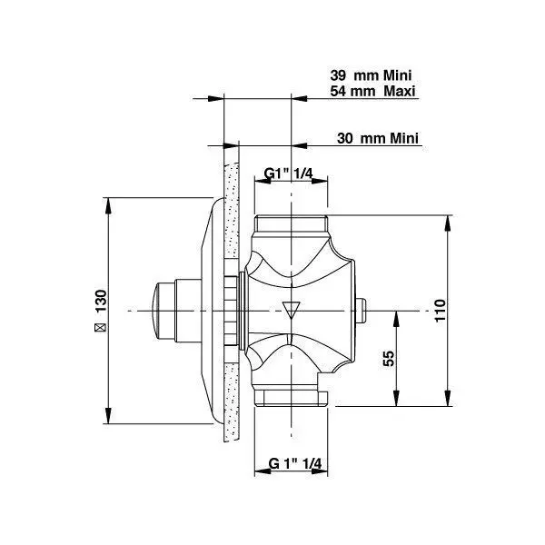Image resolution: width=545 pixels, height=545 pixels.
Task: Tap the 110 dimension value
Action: tap(440, 310)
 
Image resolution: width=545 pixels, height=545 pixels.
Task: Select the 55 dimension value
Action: tap(389, 359)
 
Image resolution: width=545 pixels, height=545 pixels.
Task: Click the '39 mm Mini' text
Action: tap(371, 75)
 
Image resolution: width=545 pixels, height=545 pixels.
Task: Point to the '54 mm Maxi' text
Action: tap(372, 91)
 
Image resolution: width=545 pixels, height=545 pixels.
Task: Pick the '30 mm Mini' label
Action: tap(378, 138)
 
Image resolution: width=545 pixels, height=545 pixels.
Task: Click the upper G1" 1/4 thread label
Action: tap(289, 173)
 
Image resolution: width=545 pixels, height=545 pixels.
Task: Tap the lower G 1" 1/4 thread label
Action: tap(295, 463)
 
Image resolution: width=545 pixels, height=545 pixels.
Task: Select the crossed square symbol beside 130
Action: tap(101, 327)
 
